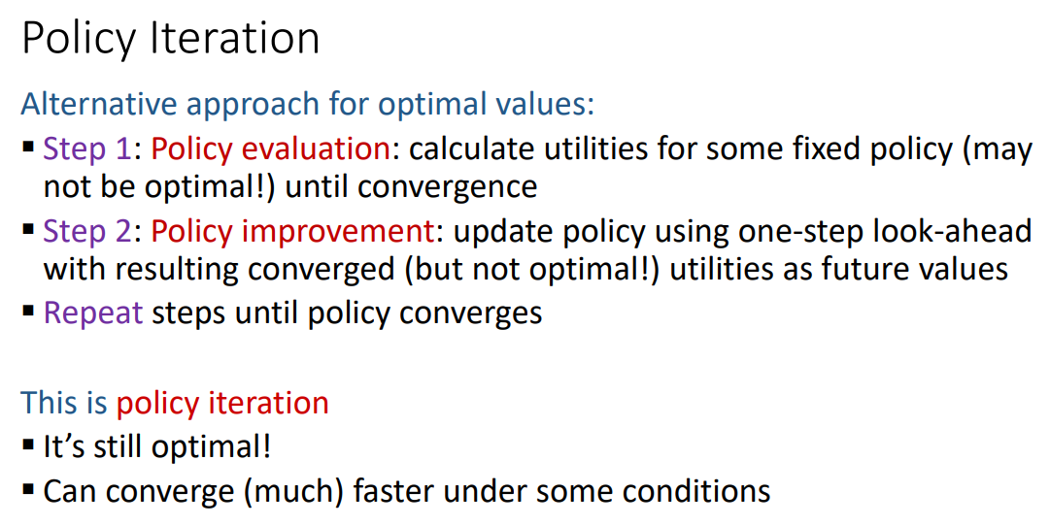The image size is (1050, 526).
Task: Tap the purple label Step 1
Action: pos(87,148)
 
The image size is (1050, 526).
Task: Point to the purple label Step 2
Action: pos(87,231)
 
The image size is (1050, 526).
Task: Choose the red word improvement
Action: pos(338,231)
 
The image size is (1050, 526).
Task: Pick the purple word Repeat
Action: pos(93,312)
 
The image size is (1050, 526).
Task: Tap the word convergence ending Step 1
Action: pos(448,186)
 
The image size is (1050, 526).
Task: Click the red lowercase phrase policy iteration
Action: pos(222,403)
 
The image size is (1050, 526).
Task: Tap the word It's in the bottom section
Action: pos(64,446)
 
